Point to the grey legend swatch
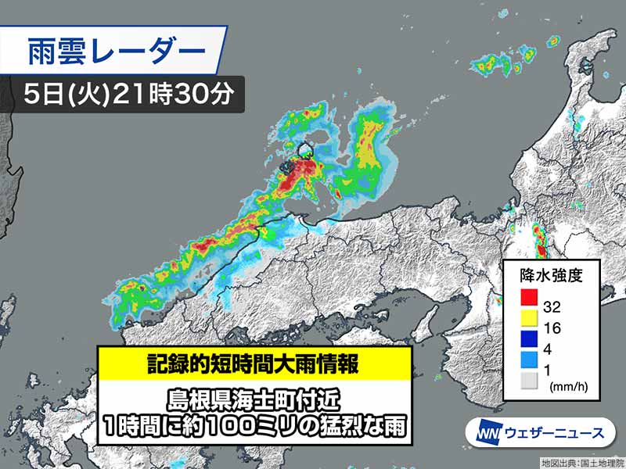[529, 381]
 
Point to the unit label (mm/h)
[569, 386]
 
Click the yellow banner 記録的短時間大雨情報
[255, 362]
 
